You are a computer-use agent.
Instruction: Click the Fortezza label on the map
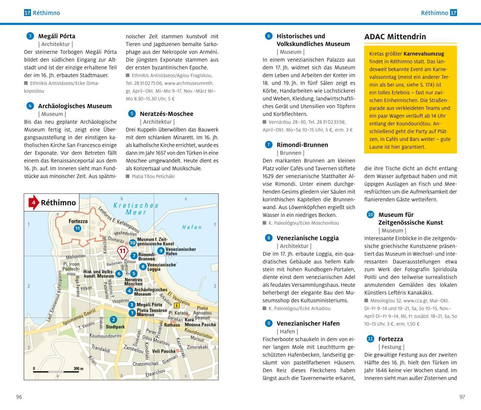tap(78, 221)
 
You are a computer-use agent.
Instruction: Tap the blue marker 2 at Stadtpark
tap(113, 319)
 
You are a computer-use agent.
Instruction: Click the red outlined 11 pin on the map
tap(122, 252)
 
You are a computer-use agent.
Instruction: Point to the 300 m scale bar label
tap(78, 369)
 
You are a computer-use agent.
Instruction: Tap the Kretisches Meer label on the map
tap(136, 209)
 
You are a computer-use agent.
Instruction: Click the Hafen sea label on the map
tap(192, 227)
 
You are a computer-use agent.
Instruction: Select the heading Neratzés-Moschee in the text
tap(166, 114)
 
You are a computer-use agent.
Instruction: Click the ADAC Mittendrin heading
tap(395, 37)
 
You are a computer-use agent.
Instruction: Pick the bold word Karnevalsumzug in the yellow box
tap(424, 54)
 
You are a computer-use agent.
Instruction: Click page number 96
tap(19, 397)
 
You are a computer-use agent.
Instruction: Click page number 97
tap(462, 397)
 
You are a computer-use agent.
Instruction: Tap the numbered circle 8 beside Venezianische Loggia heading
tap(269, 238)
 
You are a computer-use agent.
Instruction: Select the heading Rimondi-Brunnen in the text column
tap(302, 145)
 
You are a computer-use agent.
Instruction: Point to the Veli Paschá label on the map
tap(164, 351)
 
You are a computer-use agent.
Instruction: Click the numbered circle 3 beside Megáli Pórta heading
tap(30, 36)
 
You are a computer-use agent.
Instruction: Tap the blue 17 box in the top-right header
tap(454, 13)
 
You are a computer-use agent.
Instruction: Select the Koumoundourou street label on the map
tap(105, 336)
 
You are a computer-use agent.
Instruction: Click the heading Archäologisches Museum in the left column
tap(75, 106)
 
